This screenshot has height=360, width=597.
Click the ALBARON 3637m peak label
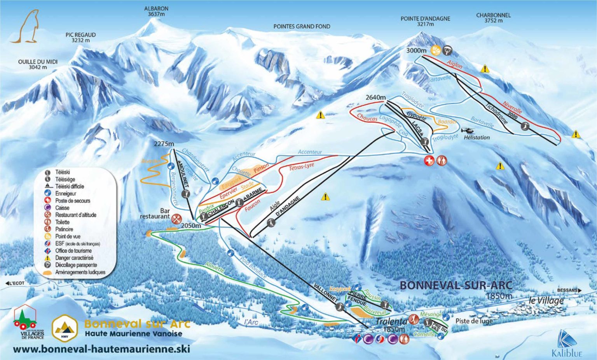coord(156,11)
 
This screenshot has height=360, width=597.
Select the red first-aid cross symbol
coord(429,161)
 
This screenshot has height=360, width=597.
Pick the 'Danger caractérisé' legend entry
coord(74,258)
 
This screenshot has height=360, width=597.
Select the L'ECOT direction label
coord(15,283)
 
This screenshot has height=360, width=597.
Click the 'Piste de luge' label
coord(474,321)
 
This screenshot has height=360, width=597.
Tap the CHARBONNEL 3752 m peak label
coord(493,18)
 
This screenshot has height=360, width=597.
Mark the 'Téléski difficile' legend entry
coord(69,186)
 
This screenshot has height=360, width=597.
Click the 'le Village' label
coord(546,301)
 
